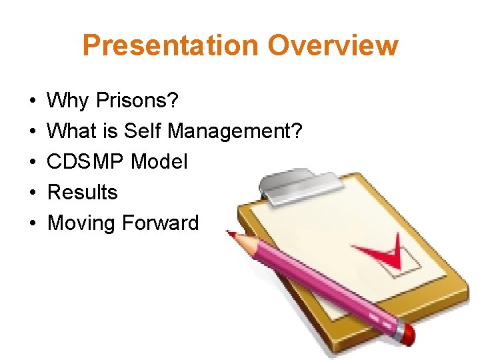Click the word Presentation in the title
(171, 46)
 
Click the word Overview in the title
(333, 46)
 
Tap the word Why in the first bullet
(69, 101)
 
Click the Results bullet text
(83, 193)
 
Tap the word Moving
(81, 223)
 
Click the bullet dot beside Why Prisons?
(33, 102)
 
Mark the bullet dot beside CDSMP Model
(33, 163)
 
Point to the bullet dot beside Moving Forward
(33, 224)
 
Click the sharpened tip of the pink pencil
(231, 234)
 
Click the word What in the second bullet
(72, 131)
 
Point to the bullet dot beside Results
(33, 193)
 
